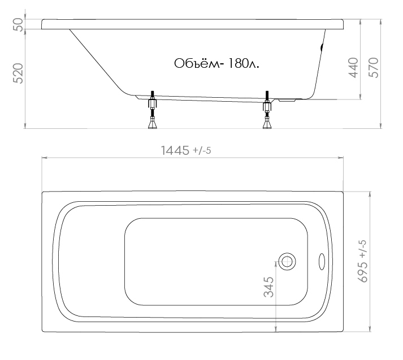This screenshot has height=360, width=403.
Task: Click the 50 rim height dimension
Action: [x=19, y=24]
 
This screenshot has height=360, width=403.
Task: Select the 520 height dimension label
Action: [x=19, y=73]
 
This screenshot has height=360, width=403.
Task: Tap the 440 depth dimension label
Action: [x=353, y=68]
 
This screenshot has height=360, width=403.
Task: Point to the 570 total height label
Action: [x=374, y=68]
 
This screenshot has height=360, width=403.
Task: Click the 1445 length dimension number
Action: [x=175, y=150]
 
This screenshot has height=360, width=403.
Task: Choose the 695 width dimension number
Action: [x=363, y=272]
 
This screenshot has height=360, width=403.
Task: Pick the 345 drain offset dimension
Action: [x=269, y=287]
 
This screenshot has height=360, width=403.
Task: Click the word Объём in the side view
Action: [x=197, y=63]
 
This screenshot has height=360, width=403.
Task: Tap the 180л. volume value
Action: [x=244, y=63]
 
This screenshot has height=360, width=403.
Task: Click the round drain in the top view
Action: [x=287, y=262]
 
